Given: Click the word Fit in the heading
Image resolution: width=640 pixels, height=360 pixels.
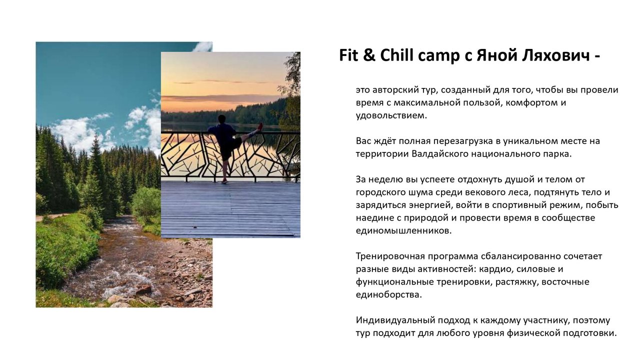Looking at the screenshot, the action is coord(348,55).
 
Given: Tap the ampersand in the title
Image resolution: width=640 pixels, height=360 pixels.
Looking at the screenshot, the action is coord(369,55).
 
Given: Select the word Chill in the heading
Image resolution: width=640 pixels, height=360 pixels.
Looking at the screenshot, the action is coord(397,55).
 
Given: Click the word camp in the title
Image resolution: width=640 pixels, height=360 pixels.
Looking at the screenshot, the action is coord(439,56).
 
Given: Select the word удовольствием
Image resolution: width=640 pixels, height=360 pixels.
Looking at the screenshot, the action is coord(391,115).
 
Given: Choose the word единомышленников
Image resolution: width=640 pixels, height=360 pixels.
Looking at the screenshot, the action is coord(403,231).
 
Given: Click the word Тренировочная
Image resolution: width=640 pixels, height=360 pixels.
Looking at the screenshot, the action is coord(390,256).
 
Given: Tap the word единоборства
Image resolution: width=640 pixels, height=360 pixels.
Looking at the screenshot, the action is coord(389,294).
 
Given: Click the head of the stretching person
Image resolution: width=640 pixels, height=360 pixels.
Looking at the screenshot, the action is coord(222,119).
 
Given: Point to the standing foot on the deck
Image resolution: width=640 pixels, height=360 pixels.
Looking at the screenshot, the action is coord(225,181).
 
